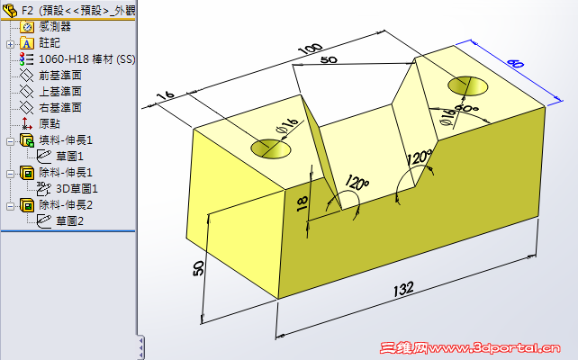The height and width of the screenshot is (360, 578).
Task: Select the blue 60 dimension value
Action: (x=514, y=65)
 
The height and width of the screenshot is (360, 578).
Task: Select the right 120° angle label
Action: (x=419, y=158)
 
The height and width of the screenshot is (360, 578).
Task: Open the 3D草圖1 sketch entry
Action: (x=76, y=188)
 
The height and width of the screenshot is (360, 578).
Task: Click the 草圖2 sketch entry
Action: (x=69, y=220)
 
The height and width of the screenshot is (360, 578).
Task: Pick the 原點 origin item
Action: (x=50, y=124)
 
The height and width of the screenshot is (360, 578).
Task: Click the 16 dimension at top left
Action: (x=164, y=95)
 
